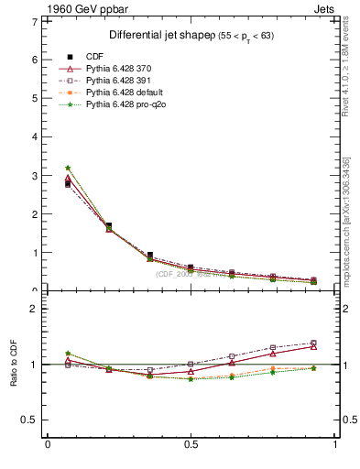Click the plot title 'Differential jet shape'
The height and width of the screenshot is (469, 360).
tap(160, 36)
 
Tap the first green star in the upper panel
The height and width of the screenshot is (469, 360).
tap(68, 168)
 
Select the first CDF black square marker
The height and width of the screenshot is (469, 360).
tap(68, 184)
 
